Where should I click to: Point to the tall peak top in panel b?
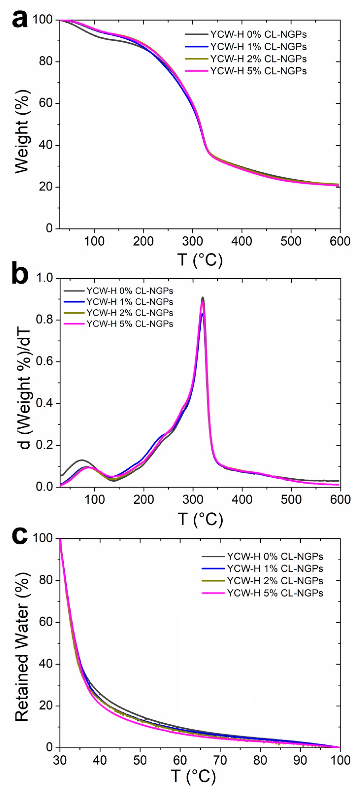[202, 298]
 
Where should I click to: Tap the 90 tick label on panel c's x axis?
[300, 760]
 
